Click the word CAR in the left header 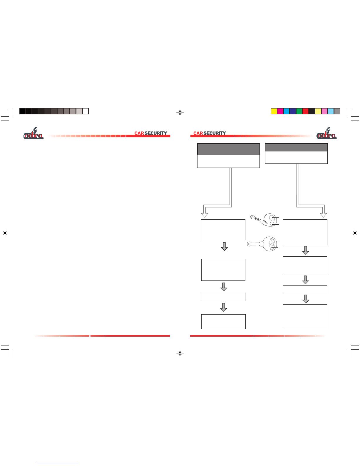pyautogui.click(x=139, y=133)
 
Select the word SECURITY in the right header pyautogui.click(x=215, y=133)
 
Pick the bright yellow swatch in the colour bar pyautogui.click(x=274, y=111)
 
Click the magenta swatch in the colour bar pyautogui.click(x=280, y=111)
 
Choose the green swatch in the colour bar pyautogui.click(x=299, y=111)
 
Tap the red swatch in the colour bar pyautogui.click(x=305, y=111)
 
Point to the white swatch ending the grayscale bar pyautogui.click(x=86, y=111)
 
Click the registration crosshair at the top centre pyautogui.click(x=180, y=112)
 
